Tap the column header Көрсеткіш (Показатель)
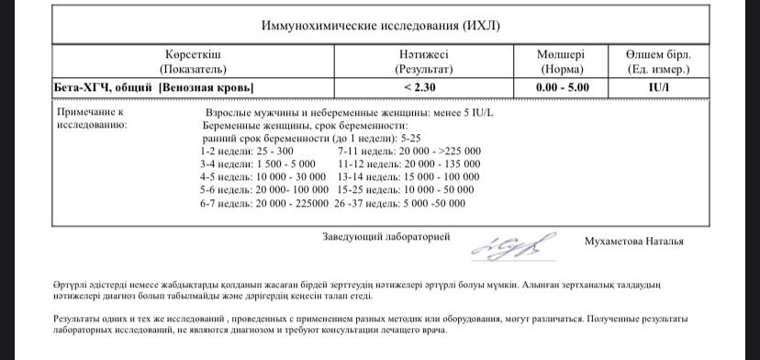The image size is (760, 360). (193, 62)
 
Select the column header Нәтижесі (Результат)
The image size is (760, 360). (424, 62)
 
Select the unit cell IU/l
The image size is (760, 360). (658, 87)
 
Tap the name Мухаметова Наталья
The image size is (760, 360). (633, 242)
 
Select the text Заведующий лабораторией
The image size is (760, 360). (386, 237)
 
